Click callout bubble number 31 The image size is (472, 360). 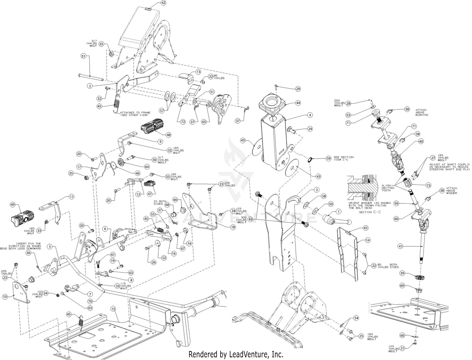coord(83,56)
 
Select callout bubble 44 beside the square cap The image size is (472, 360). coord(298,103)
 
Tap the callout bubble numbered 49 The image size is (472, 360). coord(13,205)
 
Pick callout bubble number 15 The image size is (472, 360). coord(113,309)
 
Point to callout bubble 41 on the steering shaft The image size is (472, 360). coord(400,246)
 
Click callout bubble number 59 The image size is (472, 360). coord(329,159)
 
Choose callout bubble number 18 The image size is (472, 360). coord(233,227)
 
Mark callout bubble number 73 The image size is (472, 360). coord(428,186)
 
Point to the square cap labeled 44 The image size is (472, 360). coord(272,104)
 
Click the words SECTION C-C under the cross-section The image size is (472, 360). coord(370,212)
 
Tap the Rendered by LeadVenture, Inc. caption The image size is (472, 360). coord(236,354)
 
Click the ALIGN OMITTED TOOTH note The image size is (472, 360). coord(388,188)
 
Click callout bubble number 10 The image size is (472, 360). coord(5,296)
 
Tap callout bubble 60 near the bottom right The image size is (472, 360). coord(402,335)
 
